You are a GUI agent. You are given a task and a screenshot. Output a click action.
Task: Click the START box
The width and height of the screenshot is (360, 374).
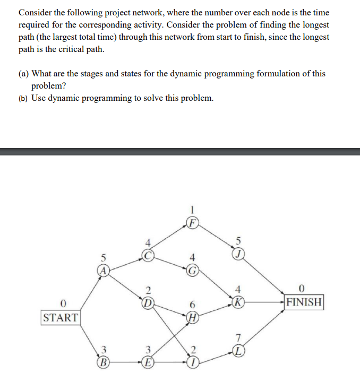[x=60, y=318]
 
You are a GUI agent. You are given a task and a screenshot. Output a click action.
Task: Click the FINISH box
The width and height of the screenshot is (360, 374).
[x=303, y=302]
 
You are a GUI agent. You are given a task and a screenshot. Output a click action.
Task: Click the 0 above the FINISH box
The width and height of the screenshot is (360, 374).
[x=302, y=289]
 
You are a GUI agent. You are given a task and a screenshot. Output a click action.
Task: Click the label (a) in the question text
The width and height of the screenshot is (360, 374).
[x=24, y=74]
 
